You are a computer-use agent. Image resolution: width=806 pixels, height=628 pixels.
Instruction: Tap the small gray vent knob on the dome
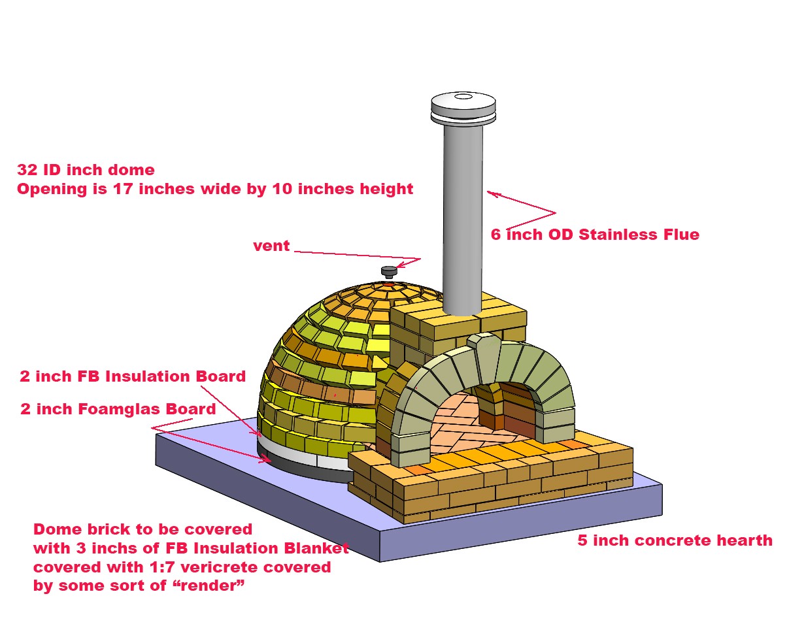click(x=390, y=271)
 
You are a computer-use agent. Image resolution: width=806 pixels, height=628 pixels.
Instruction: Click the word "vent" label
click(x=271, y=246)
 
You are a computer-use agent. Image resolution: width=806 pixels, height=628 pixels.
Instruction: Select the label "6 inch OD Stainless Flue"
click(x=595, y=235)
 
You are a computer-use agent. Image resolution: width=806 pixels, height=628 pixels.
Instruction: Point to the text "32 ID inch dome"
click(x=86, y=170)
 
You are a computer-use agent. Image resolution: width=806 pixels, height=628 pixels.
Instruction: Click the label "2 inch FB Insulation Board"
click(x=133, y=376)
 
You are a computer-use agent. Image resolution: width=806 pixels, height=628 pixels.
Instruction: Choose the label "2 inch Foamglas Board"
click(x=118, y=409)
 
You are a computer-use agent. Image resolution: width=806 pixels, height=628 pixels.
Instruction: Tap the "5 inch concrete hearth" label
click(x=675, y=540)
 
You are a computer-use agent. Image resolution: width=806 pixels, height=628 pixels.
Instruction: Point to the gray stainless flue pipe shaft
click(x=463, y=216)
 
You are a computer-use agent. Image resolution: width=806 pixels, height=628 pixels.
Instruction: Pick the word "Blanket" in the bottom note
click(x=316, y=548)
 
